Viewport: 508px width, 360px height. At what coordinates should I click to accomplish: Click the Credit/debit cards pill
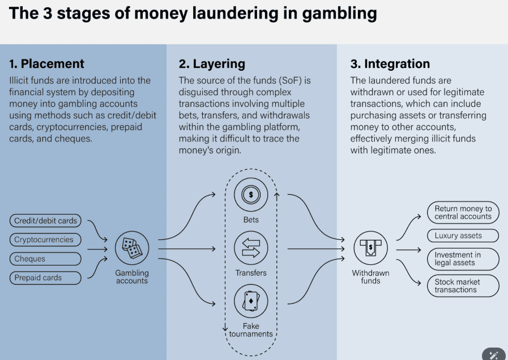pos(45,220)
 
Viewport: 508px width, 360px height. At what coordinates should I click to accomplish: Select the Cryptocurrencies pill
pos(44,239)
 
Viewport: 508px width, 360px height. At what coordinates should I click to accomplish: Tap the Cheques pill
pos(44,259)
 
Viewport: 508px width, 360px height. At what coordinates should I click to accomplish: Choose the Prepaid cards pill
pos(44,278)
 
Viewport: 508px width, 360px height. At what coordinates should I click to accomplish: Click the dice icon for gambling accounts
pos(132,248)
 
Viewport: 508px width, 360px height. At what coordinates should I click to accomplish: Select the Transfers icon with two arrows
pos(251,248)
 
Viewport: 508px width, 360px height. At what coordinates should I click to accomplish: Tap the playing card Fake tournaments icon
pos(251,301)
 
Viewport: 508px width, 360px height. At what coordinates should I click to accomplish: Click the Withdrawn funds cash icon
pos(371,248)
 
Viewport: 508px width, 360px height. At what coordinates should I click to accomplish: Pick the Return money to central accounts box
pos(463,212)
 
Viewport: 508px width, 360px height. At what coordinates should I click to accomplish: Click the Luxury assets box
pos(463,235)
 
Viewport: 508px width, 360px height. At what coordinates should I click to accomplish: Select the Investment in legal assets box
pos(463,259)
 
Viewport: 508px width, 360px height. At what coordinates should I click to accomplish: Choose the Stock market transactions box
pos(463,286)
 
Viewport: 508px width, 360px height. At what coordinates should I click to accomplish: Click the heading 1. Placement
pos(47,64)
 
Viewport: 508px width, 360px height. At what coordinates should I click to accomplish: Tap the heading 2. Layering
pos(212,64)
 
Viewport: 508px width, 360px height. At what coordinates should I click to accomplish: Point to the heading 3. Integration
pos(390,64)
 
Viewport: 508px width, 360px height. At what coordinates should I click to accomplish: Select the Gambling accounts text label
pos(132,277)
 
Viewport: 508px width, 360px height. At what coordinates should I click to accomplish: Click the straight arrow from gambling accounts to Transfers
pos(187,248)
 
